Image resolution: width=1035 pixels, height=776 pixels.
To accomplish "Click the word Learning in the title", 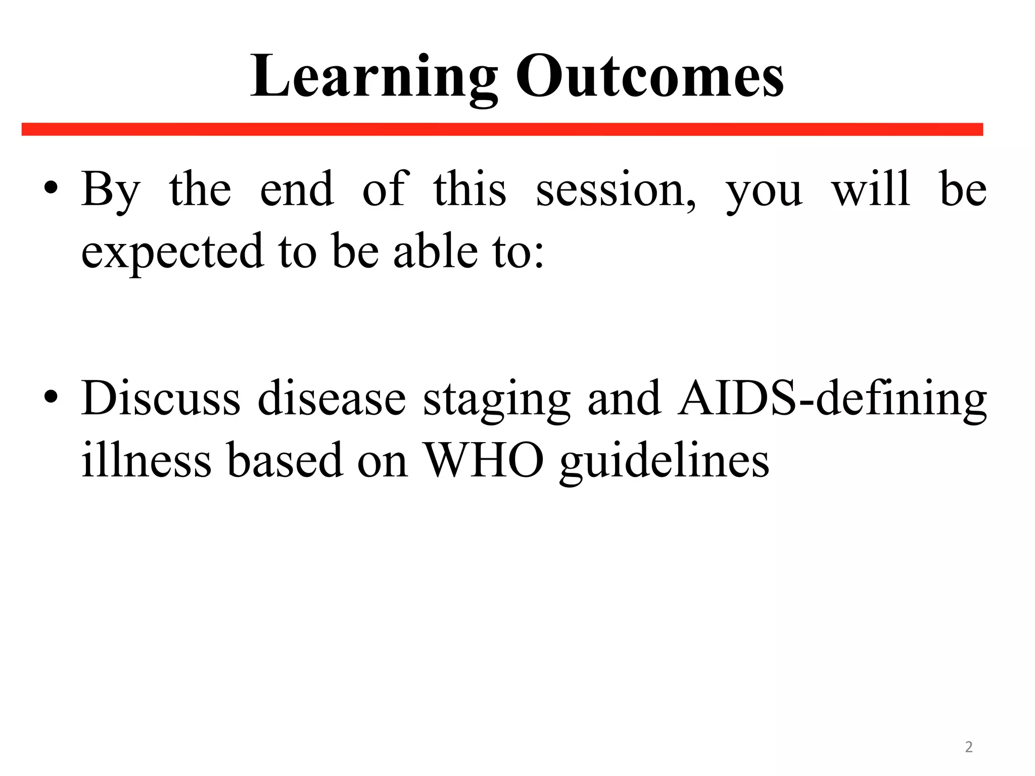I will pos(374,77).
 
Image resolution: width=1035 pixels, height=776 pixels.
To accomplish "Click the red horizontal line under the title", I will pos(502,129).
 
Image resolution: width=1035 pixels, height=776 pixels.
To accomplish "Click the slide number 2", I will pos(968,747).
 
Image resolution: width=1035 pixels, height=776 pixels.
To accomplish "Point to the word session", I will pos(615,190).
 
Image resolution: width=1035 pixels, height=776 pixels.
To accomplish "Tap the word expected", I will pos(172,252).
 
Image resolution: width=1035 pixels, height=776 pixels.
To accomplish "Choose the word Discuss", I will pos(161,398).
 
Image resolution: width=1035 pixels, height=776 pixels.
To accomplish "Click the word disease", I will pos(332,398).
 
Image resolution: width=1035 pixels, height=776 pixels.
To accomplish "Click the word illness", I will pos(147,460).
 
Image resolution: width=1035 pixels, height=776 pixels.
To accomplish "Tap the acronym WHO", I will pos(484,460).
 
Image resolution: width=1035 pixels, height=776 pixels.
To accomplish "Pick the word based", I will pos(285,460).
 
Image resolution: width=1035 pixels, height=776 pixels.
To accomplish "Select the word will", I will pos(871,189).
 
